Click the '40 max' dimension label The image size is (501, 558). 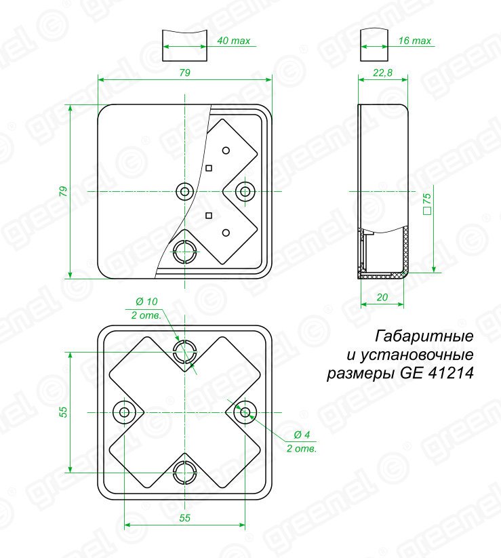click(x=233, y=41)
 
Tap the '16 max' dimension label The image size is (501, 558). click(x=414, y=41)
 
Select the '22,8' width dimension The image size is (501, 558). click(x=382, y=73)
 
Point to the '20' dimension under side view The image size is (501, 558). click(x=382, y=297)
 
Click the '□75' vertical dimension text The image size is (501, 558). click(x=427, y=203)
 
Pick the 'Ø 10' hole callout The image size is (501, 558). click(x=146, y=302)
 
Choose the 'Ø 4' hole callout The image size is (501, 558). click(x=302, y=435)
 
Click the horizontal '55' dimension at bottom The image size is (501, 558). click(x=184, y=518)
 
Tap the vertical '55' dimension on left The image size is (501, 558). click(x=63, y=412)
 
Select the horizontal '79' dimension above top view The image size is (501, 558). click(x=184, y=73)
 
